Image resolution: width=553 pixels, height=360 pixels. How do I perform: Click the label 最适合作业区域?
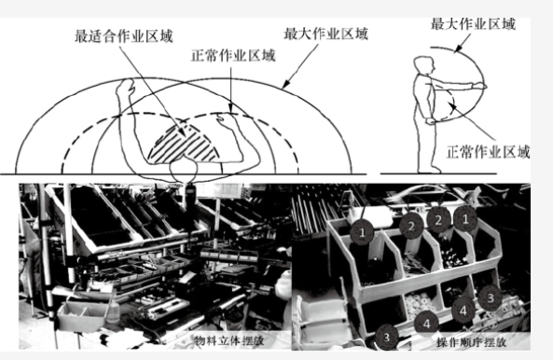click(124, 36)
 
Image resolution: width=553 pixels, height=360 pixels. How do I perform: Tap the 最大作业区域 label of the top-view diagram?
click(325, 35)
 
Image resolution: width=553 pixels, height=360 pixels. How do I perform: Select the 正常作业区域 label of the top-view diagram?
click(233, 56)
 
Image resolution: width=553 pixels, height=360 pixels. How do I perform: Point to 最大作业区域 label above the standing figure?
click(474, 24)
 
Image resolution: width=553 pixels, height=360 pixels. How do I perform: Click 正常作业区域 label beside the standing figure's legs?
click(489, 152)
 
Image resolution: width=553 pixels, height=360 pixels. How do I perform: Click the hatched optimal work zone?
click(184, 145)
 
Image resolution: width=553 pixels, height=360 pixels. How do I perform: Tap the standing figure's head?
click(423, 65)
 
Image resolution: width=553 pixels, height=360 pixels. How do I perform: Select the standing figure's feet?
click(430, 170)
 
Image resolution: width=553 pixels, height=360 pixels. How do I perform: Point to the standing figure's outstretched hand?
click(480, 85)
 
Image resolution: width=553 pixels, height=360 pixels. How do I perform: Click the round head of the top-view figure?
click(184, 170)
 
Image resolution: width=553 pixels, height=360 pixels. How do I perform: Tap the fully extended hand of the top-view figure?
click(126, 87)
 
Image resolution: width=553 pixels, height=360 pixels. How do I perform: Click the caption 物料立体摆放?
click(229, 340)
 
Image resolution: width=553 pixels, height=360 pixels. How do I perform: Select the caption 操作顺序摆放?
click(471, 342)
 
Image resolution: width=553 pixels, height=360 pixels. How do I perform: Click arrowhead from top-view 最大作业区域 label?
click(286, 84)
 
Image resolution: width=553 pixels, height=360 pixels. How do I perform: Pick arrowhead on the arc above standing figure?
click(458, 49)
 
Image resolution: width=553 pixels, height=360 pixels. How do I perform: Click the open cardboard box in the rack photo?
click(82, 315)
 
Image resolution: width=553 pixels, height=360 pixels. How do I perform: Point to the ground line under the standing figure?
click(438, 173)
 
